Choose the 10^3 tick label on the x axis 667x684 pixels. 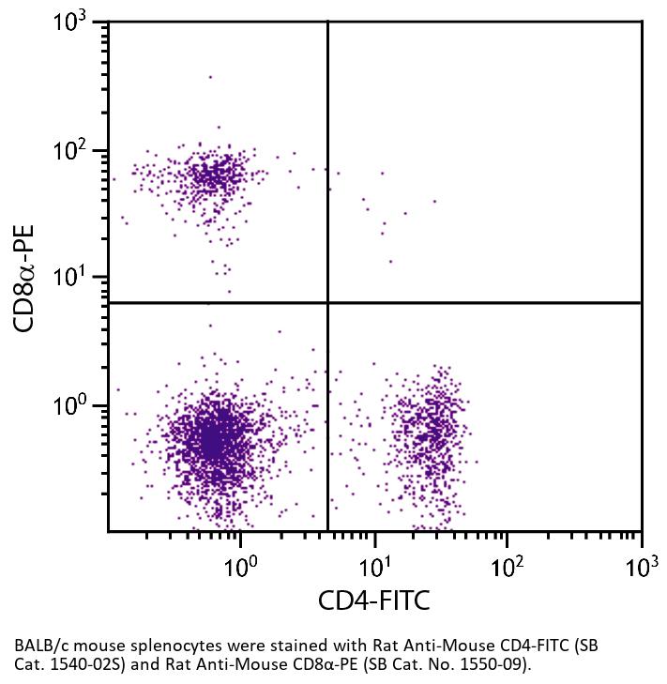coord(641,567)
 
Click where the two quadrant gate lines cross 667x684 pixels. coord(327,303)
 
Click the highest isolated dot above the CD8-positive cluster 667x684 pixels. coord(210,77)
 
